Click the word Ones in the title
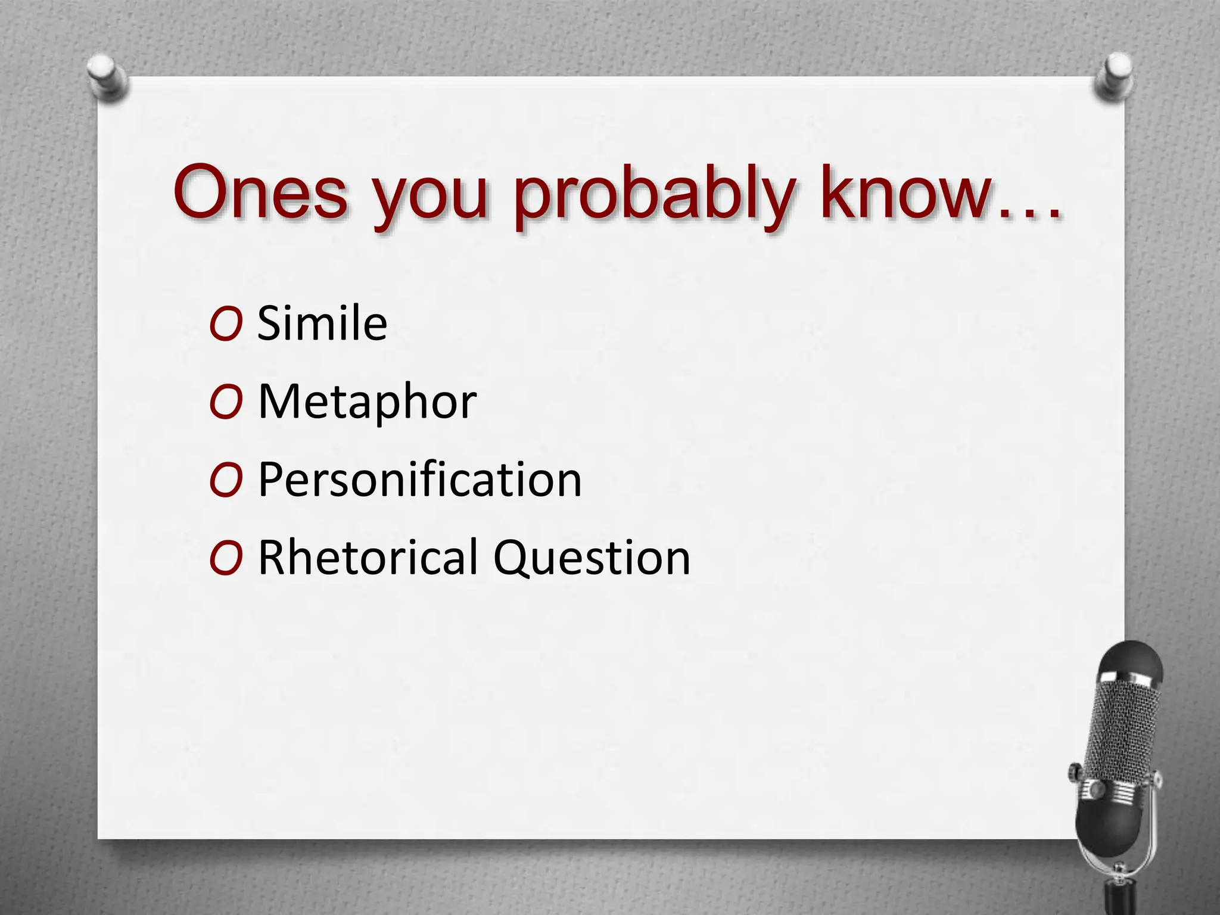coord(260,192)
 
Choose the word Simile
coord(322,323)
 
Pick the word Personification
coord(419,480)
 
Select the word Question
coord(592,558)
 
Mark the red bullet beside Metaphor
coord(226,402)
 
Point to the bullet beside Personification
coord(226,480)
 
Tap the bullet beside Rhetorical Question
coord(226,558)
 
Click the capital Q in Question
coord(512,558)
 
